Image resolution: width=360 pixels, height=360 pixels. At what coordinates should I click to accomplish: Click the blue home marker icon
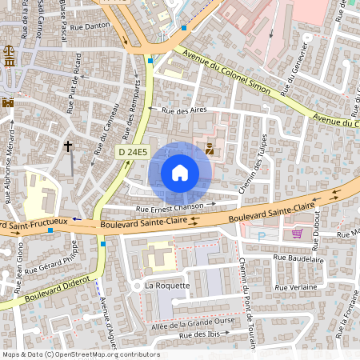(180, 172)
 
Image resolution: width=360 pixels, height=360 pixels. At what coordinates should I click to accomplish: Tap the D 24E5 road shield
(134, 152)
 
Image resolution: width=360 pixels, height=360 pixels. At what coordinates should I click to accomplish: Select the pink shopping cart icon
(298, 234)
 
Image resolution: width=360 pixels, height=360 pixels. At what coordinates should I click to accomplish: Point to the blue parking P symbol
(262, 236)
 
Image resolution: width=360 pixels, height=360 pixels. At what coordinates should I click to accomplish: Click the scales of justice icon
(9, 62)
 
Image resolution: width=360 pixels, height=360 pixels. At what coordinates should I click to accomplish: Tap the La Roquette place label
(167, 286)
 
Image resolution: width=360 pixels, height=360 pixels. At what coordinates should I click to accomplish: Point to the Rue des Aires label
(184, 111)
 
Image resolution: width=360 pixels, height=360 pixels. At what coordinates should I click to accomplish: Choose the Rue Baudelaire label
(298, 259)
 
